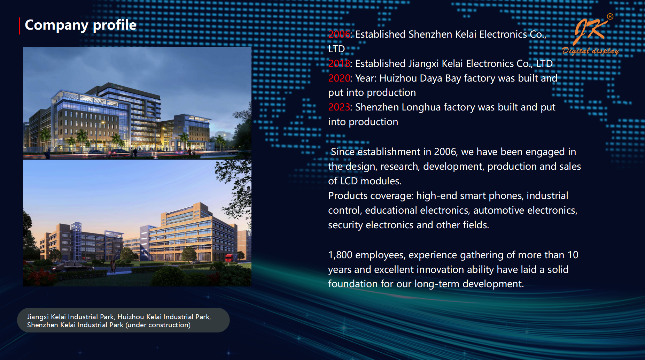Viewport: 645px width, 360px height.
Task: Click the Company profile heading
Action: (80, 25)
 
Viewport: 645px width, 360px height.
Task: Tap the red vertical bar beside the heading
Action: (20, 26)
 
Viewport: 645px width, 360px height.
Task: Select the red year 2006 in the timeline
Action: (339, 34)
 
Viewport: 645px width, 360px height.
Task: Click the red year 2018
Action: (339, 63)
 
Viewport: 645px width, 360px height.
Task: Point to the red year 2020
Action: (339, 78)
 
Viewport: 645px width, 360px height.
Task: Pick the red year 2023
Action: (339, 107)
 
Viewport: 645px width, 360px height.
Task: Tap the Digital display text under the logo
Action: (591, 51)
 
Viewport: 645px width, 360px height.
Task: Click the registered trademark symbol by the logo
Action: (610, 16)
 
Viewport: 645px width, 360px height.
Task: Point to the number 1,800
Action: (340, 255)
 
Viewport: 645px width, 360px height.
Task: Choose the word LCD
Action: (349, 181)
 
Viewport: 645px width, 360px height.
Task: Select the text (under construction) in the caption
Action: (158, 325)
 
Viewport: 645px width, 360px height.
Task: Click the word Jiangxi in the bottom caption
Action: (38, 317)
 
